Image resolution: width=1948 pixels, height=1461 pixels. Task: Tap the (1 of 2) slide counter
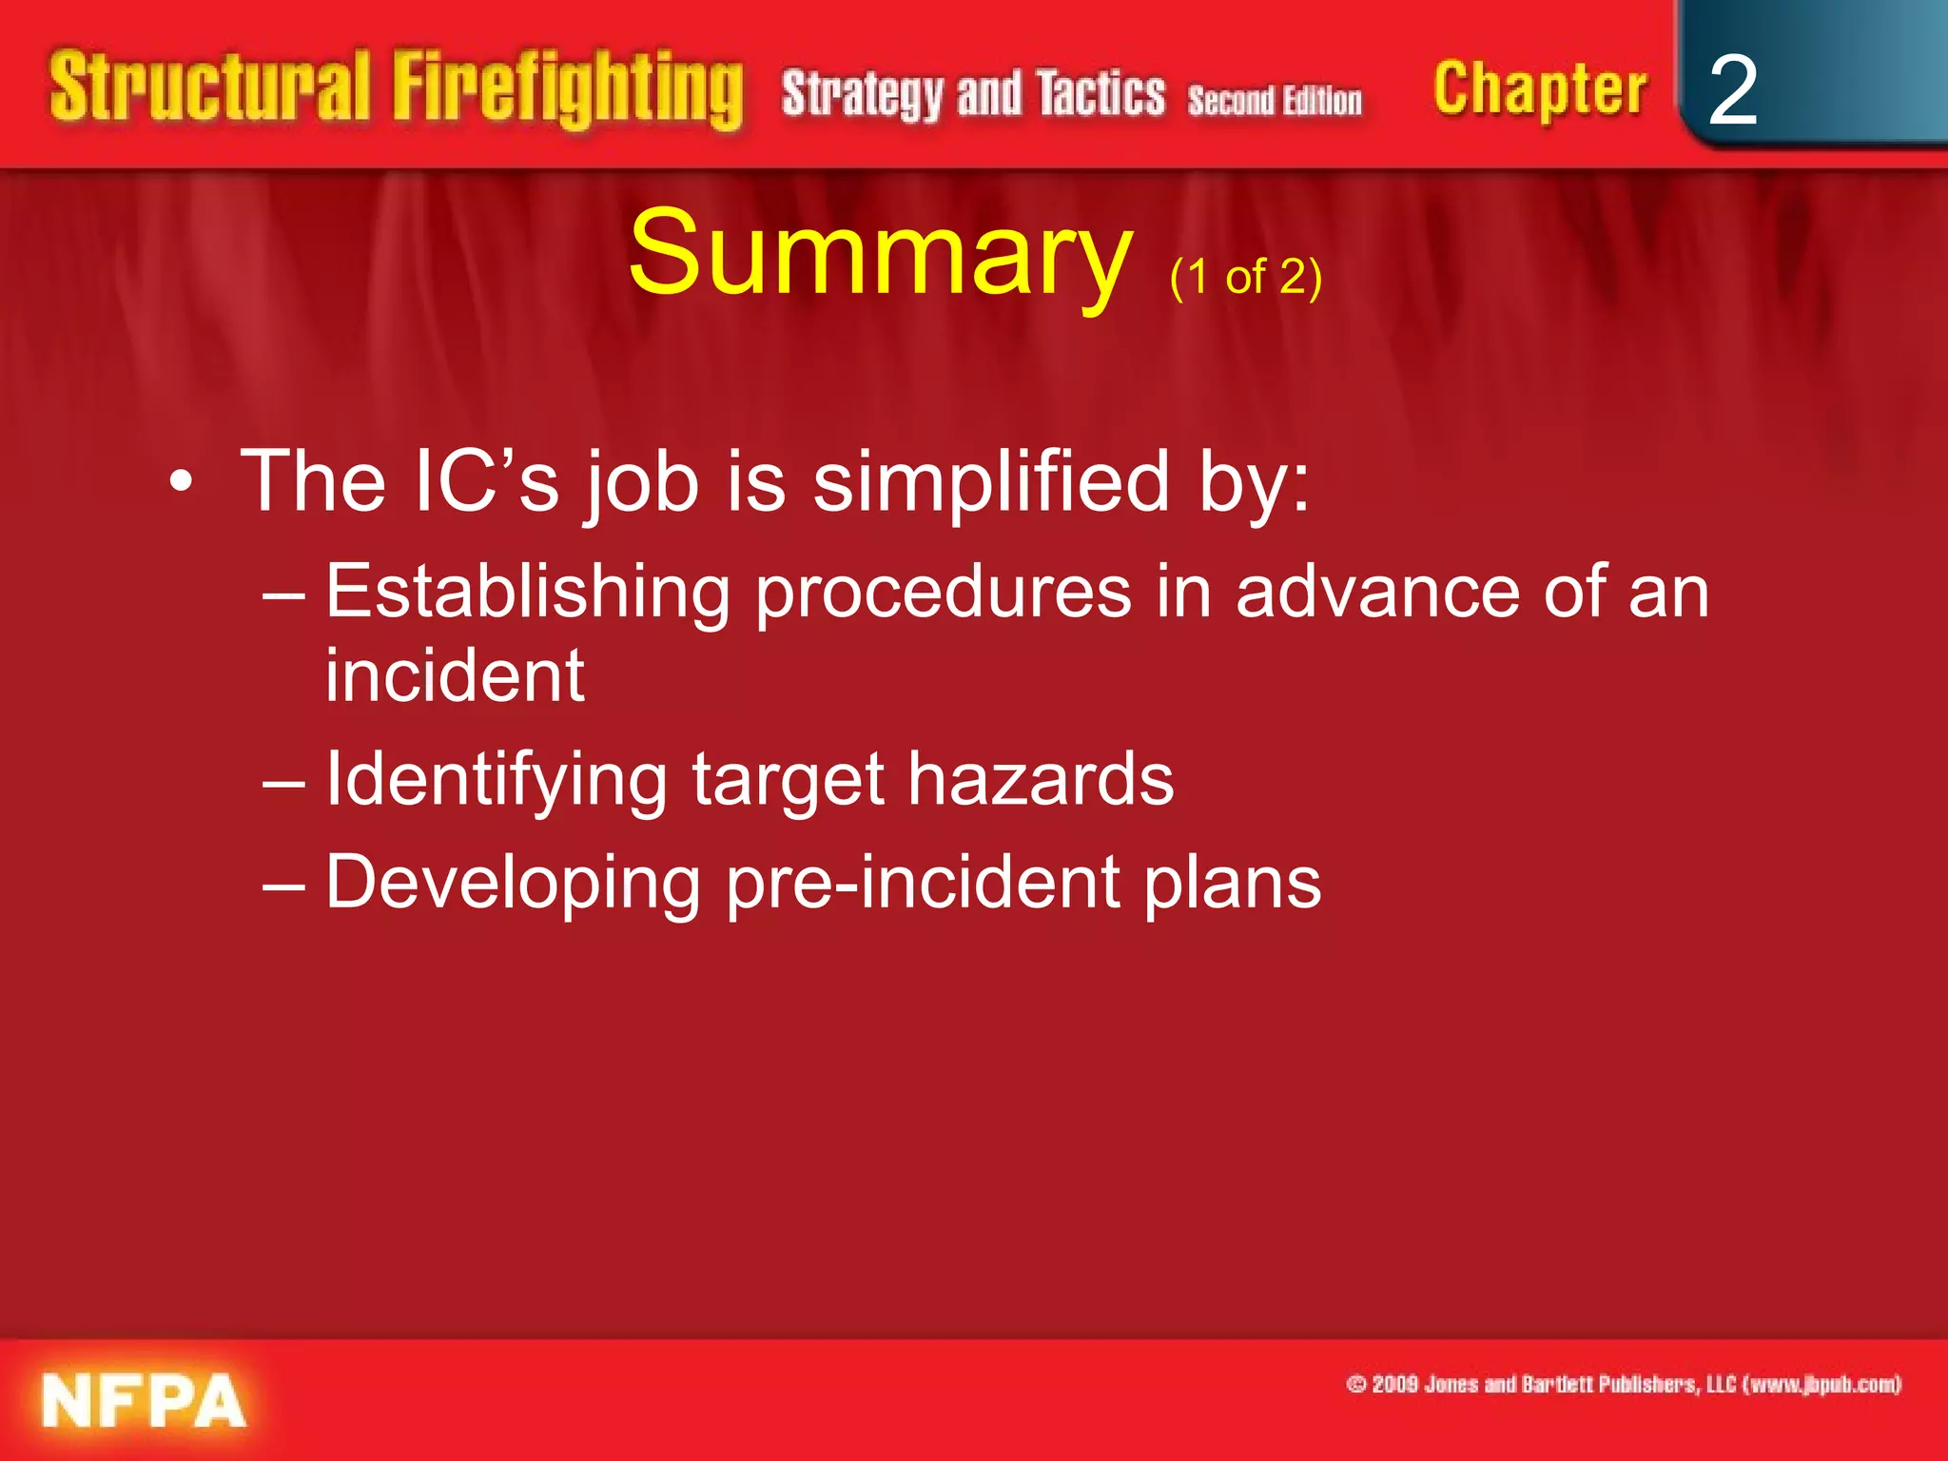point(1245,278)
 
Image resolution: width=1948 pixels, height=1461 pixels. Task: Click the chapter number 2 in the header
point(1732,90)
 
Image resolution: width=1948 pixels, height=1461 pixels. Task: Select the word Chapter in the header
point(1539,90)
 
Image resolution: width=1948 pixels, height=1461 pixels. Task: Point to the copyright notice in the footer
point(1623,1384)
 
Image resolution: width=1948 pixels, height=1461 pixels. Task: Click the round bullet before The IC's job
point(181,483)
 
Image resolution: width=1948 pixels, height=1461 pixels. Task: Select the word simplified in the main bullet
point(990,483)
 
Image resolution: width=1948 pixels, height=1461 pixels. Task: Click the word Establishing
point(527,593)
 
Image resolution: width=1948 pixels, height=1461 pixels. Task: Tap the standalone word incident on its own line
point(455,675)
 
